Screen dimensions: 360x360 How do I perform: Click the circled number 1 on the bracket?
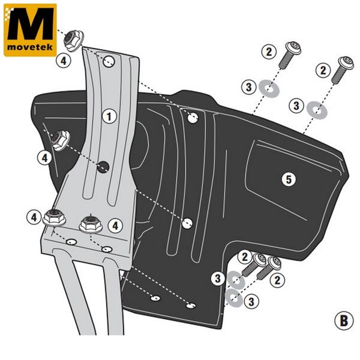[109, 116]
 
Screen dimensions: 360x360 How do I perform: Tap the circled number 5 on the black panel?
[289, 179]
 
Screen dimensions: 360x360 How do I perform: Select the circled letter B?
[344, 321]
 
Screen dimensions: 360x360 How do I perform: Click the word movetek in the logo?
[30, 47]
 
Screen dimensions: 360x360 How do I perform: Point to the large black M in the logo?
[31, 23]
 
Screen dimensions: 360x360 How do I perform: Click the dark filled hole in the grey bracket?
[103, 167]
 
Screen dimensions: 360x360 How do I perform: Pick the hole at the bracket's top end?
[109, 61]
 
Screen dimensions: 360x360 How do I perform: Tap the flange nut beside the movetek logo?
[73, 41]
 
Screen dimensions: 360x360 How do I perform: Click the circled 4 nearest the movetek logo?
[64, 61]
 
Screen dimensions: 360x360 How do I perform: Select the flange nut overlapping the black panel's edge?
[61, 140]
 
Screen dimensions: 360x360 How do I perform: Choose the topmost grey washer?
[269, 89]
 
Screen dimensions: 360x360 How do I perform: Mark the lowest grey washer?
[234, 298]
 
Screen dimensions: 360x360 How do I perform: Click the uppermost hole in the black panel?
[193, 118]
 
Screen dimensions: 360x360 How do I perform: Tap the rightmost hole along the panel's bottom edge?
[191, 306]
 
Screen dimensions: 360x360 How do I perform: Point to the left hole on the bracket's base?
[71, 242]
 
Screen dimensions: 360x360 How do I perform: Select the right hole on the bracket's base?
[107, 249]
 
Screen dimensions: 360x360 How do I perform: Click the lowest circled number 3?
[251, 301]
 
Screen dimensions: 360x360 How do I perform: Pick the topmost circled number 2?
[269, 52]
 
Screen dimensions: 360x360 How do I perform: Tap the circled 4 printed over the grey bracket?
[115, 226]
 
